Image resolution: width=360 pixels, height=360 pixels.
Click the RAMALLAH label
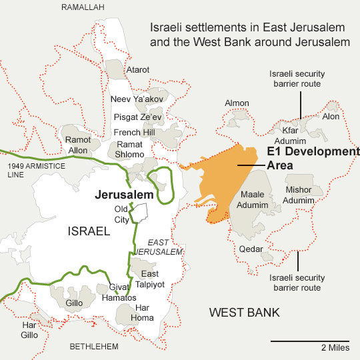(x=83, y=7)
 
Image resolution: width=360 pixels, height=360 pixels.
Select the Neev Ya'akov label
(x=136, y=99)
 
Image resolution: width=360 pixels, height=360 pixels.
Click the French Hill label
(x=134, y=133)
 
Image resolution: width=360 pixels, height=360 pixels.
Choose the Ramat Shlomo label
(x=130, y=149)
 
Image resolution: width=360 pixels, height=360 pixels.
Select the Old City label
(x=121, y=214)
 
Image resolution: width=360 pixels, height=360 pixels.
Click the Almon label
(x=237, y=103)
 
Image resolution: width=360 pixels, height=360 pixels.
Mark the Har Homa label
(x=144, y=313)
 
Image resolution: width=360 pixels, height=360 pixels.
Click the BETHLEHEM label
(x=94, y=347)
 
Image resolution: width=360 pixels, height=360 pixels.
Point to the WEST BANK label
(x=244, y=313)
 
